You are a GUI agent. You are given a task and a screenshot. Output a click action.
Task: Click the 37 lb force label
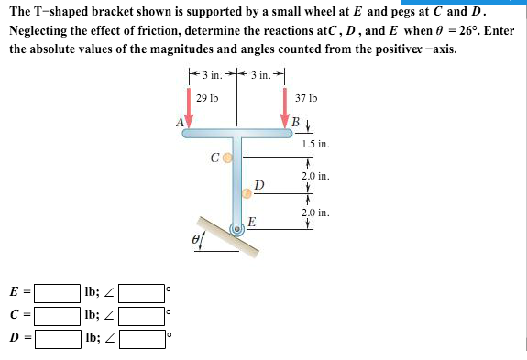(x=306, y=97)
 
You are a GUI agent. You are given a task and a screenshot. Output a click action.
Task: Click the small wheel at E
(x=237, y=228)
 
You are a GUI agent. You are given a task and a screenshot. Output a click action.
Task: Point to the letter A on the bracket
(x=180, y=120)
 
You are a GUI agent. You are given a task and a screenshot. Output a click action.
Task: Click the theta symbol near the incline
(x=195, y=237)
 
